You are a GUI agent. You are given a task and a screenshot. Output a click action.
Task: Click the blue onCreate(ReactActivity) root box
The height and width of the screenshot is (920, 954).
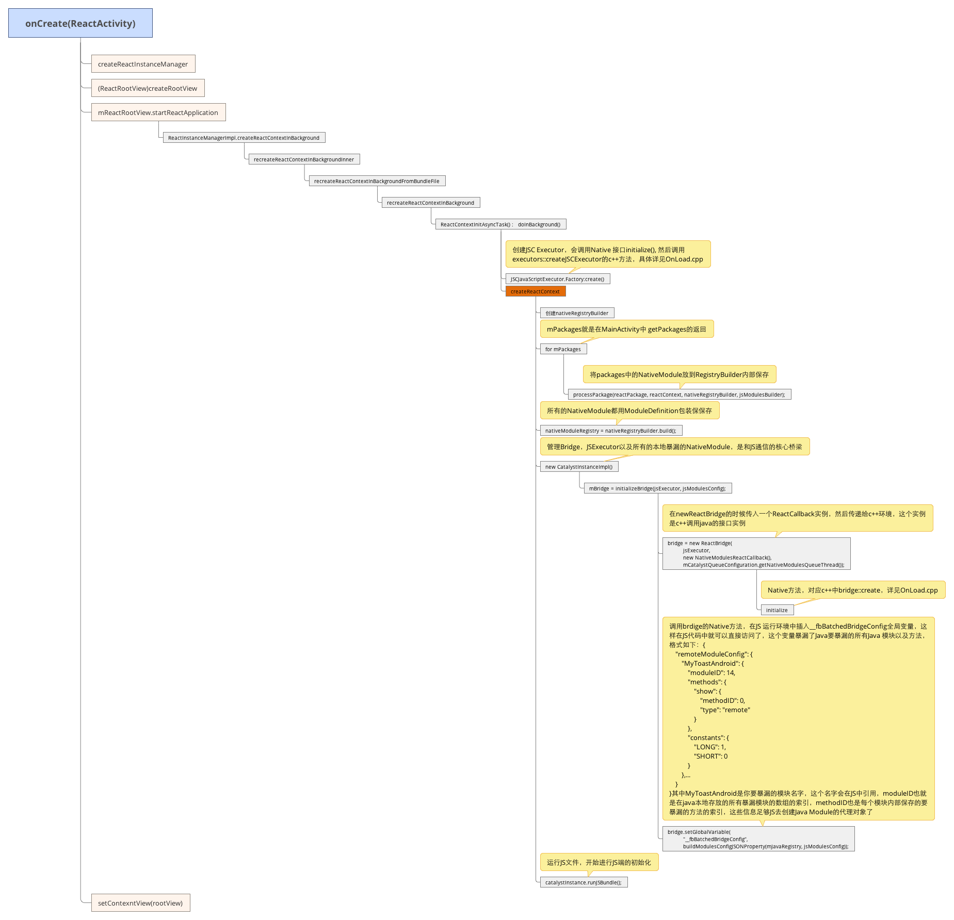(x=80, y=23)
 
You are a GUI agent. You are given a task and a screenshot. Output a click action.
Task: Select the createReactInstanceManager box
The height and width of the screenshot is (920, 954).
(x=143, y=64)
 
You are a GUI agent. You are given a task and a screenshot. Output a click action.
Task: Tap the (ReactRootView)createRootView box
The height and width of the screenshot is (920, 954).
(x=148, y=88)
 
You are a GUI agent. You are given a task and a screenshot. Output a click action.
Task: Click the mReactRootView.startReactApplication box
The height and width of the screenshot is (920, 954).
(x=158, y=112)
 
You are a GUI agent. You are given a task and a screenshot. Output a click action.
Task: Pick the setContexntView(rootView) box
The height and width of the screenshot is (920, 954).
(x=140, y=903)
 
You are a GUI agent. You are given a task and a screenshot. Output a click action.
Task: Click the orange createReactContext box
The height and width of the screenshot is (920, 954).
(x=535, y=291)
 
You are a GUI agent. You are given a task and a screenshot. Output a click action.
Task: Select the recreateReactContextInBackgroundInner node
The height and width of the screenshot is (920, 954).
(x=303, y=159)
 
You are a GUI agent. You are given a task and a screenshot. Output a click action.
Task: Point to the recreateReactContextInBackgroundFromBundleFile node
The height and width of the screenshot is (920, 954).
(x=377, y=181)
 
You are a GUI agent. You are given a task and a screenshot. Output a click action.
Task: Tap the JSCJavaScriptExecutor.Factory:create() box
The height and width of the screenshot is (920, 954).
(x=557, y=279)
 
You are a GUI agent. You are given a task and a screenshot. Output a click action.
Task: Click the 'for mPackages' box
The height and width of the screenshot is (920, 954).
(x=563, y=349)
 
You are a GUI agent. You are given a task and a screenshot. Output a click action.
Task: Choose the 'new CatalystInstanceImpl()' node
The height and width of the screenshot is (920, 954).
(x=579, y=467)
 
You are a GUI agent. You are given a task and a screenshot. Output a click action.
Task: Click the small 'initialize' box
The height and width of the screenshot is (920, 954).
(x=777, y=610)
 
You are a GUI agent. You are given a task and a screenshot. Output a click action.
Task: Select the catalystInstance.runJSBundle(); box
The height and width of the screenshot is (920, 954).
(x=583, y=882)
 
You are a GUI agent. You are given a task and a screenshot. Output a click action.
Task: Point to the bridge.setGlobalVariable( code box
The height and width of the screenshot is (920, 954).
(x=757, y=839)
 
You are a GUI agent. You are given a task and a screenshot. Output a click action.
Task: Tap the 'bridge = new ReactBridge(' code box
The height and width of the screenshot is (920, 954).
(x=756, y=554)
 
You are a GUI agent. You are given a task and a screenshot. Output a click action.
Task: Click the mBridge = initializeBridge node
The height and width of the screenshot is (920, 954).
(x=657, y=488)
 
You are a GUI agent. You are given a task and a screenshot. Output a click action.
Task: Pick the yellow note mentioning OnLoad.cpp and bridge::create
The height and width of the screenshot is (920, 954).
(x=852, y=590)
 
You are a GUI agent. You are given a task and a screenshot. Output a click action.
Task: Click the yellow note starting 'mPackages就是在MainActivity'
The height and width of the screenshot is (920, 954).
(x=626, y=329)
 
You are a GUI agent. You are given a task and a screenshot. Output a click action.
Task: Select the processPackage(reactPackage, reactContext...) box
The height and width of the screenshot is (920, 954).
(x=679, y=395)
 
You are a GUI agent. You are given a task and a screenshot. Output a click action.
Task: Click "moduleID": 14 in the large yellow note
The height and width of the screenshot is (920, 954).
(x=712, y=672)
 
